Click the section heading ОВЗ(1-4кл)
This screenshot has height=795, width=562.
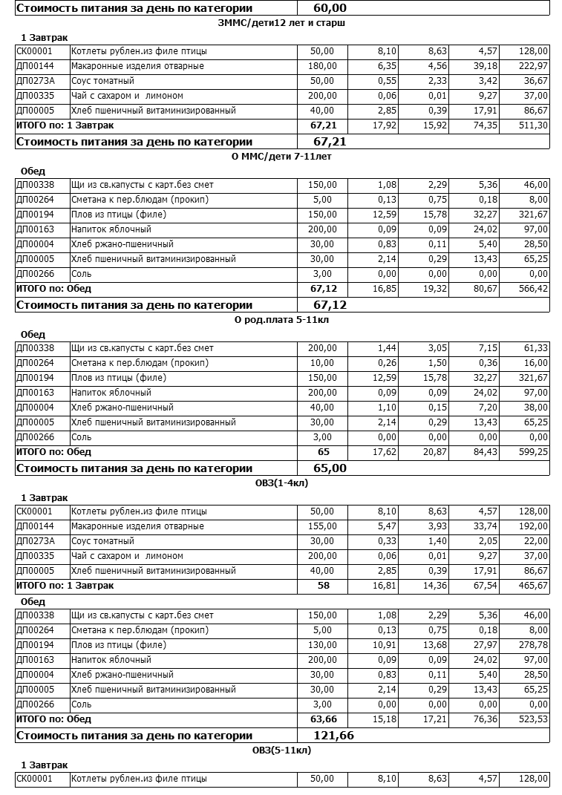(x=281, y=483)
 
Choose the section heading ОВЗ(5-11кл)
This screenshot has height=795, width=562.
(x=281, y=750)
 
